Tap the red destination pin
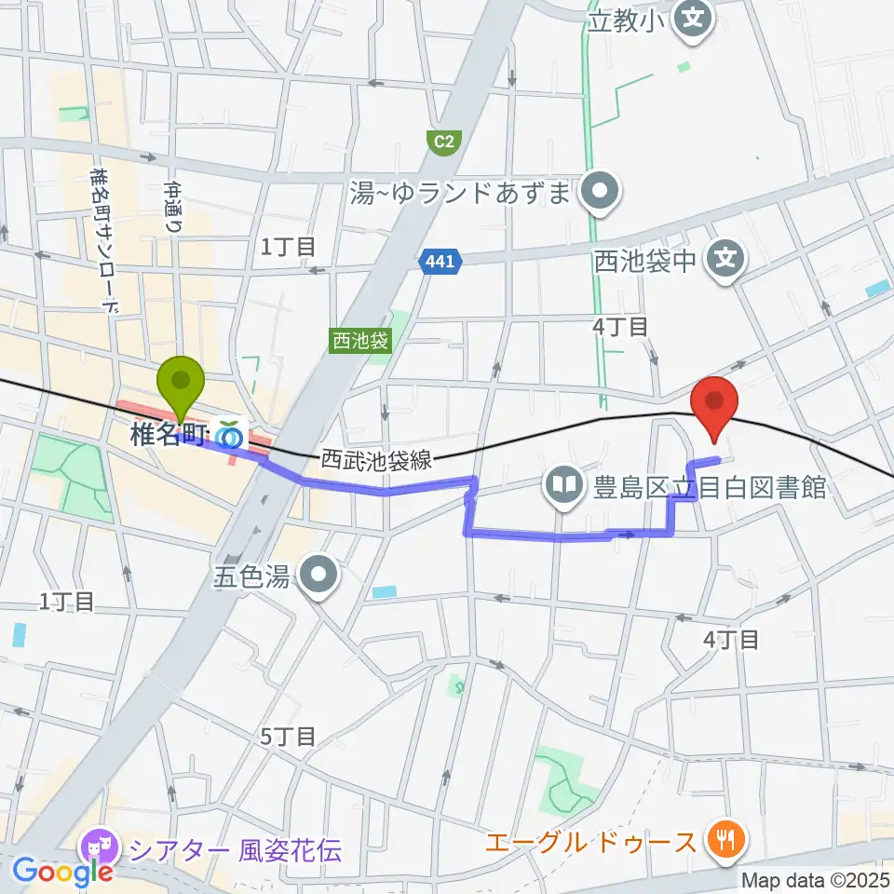714,406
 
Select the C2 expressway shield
444,142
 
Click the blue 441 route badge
440,263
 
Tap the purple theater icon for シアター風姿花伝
98,848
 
